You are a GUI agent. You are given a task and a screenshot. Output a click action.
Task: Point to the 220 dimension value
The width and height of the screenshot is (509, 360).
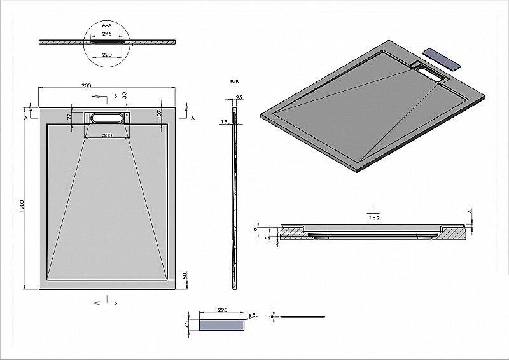click(x=107, y=55)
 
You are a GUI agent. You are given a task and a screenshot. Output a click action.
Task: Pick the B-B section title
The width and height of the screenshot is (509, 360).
click(x=234, y=83)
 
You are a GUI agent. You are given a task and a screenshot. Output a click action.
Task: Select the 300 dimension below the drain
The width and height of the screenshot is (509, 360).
click(x=107, y=135)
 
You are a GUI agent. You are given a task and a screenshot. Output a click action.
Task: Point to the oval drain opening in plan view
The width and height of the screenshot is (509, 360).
click(x=107, y=118)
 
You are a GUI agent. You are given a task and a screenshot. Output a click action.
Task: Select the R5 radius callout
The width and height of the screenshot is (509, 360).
click(x=253, y=315)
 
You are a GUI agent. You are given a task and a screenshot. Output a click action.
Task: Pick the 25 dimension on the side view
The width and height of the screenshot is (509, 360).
click(x=239, y=97)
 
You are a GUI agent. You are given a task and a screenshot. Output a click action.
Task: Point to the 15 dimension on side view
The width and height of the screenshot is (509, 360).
click(x=225, y=121)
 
